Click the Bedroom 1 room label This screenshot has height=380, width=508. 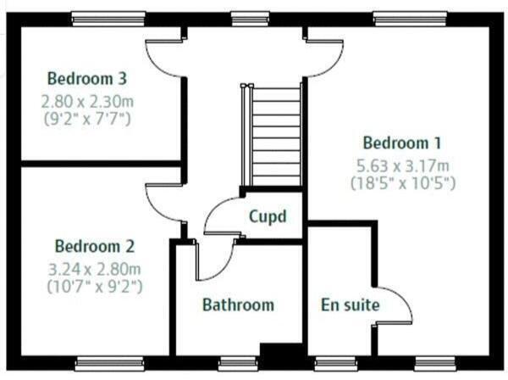point(400,142)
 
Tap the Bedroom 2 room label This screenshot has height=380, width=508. point(95,247)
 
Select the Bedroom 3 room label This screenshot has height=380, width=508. point(87,79)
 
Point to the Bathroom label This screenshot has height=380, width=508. point(238,305)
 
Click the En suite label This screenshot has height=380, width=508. point(350,305)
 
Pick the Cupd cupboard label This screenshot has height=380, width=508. point(267,216)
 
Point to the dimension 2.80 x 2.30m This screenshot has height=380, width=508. point(87,100)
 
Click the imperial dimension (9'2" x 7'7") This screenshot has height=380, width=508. point(87,118)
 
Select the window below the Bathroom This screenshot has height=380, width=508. point(237,363)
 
